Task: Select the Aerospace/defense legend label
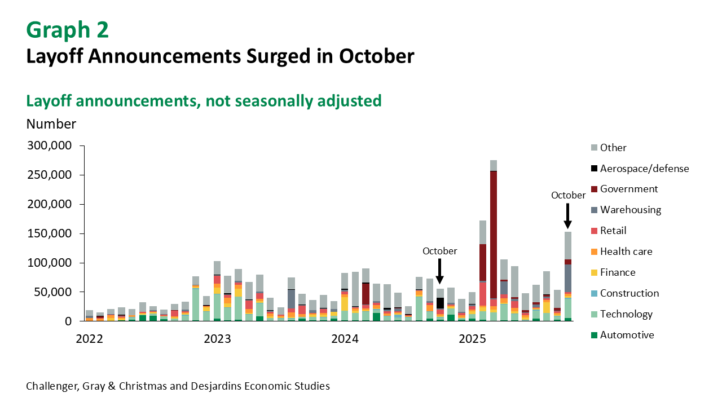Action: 644,169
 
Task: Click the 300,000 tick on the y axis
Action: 50,146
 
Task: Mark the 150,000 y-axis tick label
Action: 50,233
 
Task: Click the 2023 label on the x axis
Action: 217,339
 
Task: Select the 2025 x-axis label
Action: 473,339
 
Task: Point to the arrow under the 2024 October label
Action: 440,271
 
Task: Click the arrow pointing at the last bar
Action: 567,216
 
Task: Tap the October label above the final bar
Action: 568,195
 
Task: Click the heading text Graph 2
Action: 67,30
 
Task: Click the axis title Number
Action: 51,124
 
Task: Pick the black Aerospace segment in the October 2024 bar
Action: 440,303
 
